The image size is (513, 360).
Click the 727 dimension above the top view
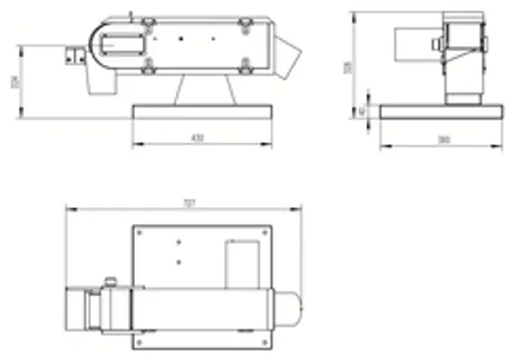point(188,204)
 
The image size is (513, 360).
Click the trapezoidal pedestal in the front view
point(206,89)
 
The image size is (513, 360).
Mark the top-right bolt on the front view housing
point(245,28)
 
